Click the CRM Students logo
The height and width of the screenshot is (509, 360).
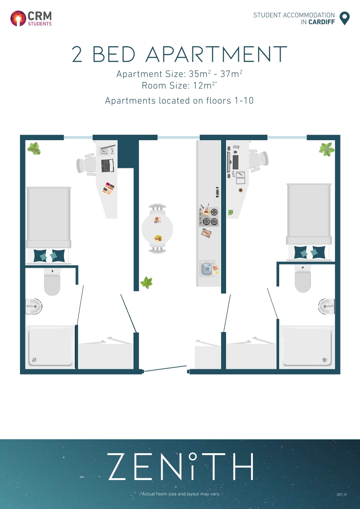click(31, 18)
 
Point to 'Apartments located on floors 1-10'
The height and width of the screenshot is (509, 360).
click(179, 101)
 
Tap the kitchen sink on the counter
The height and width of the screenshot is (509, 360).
click(207, 269)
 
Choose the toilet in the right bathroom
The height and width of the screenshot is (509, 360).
click(303, 280)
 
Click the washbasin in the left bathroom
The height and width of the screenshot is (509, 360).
click(34, 307)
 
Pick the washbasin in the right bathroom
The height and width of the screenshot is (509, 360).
click(326, 307)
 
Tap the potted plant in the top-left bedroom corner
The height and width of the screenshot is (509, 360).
click(34, 148)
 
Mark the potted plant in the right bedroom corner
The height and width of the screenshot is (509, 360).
click(326, 149)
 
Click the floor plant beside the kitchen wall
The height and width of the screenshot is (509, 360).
click(146, 283)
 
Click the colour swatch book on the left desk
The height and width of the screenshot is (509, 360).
click(108, 188)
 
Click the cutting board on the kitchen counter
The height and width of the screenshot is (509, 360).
click(207, 234)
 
